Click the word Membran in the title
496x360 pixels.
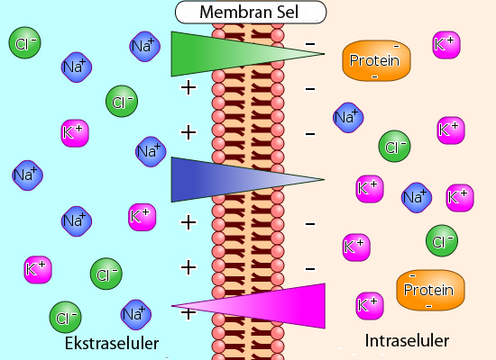click(231, 12)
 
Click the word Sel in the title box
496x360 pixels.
click(285, 12)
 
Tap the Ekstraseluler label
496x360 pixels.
click(112, 343)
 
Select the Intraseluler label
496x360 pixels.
click(407, 341)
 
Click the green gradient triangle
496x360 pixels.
click(248, 54)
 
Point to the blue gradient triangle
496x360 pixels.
click(248, 179)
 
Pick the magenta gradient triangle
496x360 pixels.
click(248, 306)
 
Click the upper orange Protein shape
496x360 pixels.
click(376, 60)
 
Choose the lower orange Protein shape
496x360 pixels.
click(430, 290)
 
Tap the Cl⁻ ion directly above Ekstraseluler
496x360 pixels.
click(66, 317)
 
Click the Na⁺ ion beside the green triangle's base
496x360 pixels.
click(145, 47)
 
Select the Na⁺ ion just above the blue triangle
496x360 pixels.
click(151, 151)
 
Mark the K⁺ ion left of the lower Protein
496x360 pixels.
click(370, 306)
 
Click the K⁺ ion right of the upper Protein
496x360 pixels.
click(446, 45)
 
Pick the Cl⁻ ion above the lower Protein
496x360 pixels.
click(442, 240)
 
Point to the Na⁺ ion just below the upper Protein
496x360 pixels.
click(348, 118)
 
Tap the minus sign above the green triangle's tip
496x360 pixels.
click(310, 44)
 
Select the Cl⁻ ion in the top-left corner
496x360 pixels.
click(24, 42)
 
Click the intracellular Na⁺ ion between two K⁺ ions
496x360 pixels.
click(417, 198)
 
